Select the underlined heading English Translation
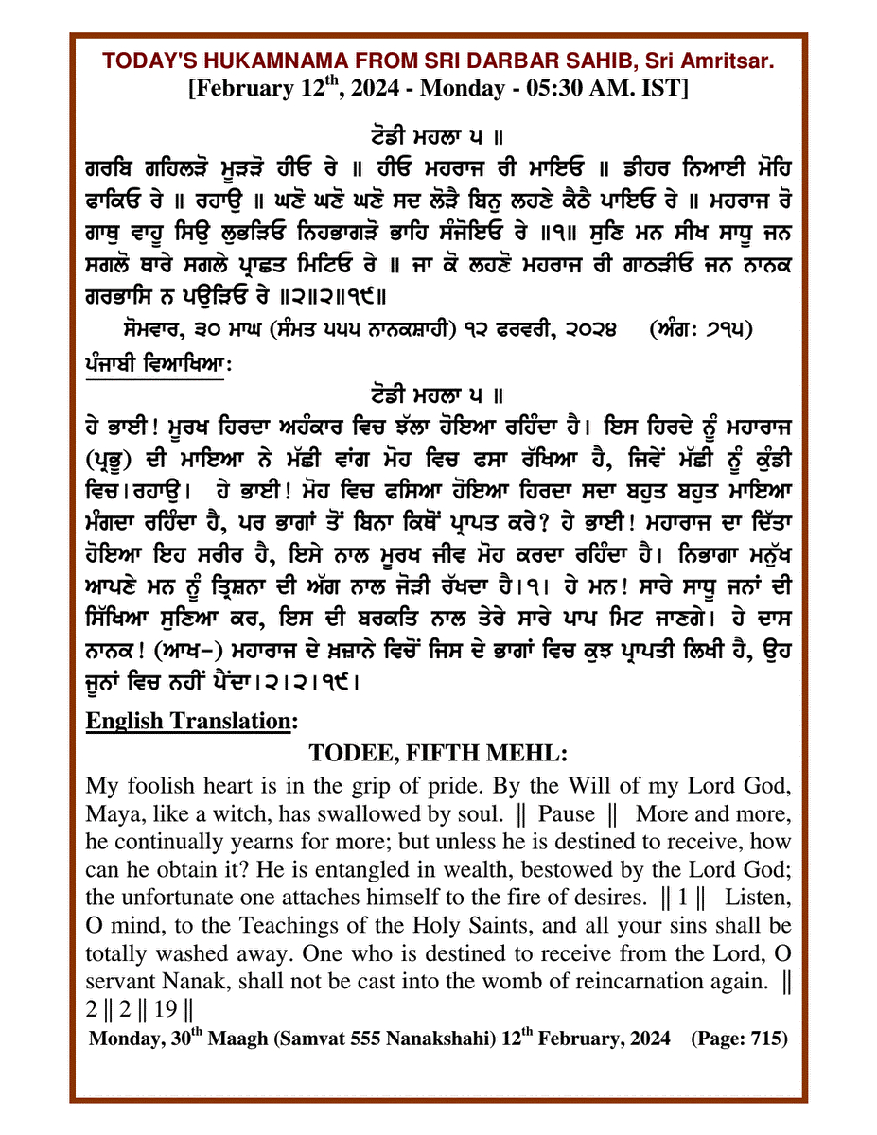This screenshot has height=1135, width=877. point(186,720)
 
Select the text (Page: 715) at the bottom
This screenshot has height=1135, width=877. point(739,1039)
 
